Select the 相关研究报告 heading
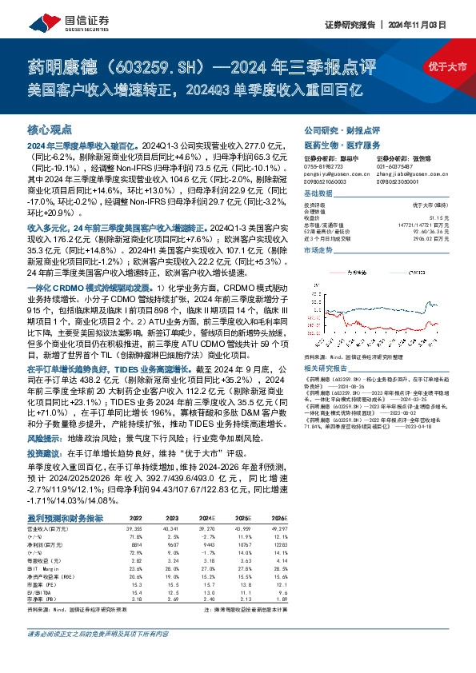pos(324,368)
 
